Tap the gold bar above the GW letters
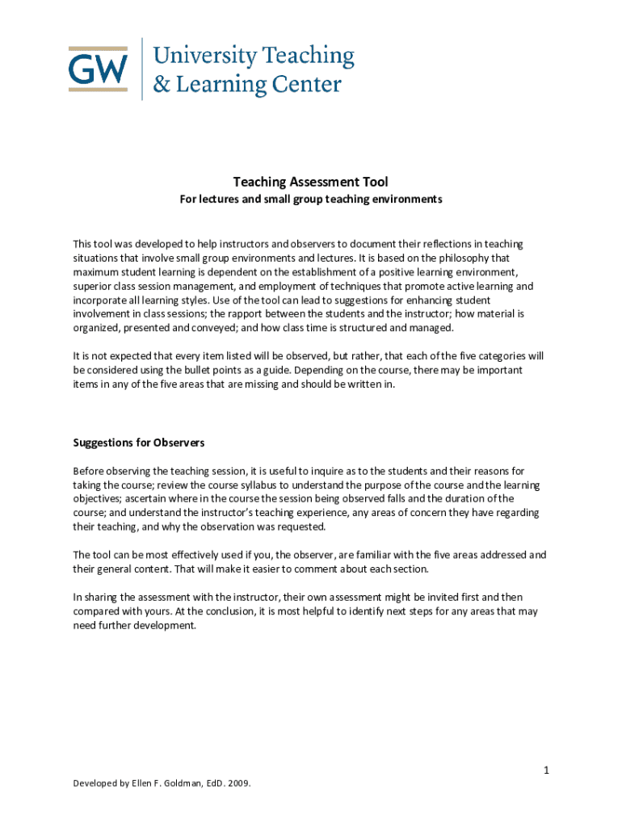98,47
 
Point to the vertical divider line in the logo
142,69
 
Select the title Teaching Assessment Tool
311,183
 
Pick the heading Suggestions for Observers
139,443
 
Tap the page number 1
546,770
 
